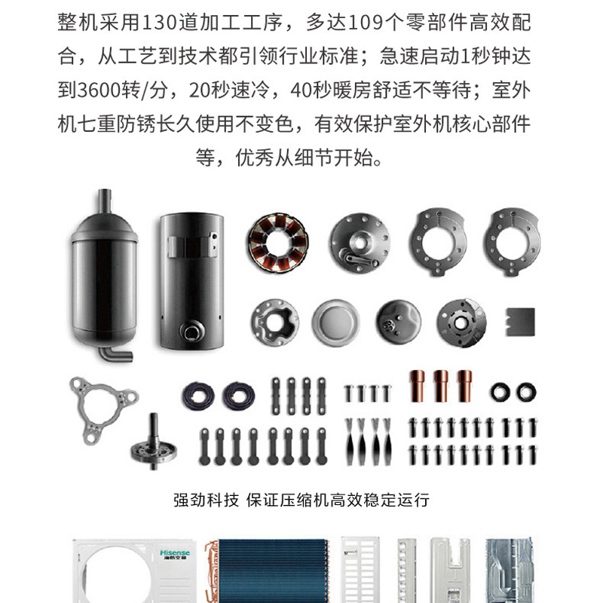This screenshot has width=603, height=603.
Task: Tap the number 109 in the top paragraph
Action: (x=366, y=23)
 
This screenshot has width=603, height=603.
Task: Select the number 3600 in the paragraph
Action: (x=99, y=90)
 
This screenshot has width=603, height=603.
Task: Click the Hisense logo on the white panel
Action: (x=175, y=554)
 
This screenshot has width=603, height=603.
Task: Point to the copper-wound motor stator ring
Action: (x=277, y=243)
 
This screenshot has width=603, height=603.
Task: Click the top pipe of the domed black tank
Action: (x=104, y=201)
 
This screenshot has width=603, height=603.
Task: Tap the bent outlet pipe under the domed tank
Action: (x=115, y=354)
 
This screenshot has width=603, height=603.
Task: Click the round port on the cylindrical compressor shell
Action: (x=192, y=332)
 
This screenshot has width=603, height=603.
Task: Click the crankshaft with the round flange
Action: (x=154, y=442)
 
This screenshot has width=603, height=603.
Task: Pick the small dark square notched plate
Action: (x=520, y=322)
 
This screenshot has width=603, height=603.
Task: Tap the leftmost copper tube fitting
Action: (x=418, y=386)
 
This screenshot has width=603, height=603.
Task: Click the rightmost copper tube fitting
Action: (x=465, y=386)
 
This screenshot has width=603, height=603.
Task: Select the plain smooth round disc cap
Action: (x=335, y=323)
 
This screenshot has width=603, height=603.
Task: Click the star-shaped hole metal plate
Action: (x=275, y=322)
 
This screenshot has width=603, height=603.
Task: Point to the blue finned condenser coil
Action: (x=272, y=571)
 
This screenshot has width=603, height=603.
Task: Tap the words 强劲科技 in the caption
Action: (x=206, y=500)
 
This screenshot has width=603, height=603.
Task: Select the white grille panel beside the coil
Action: (x=360, y=570)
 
